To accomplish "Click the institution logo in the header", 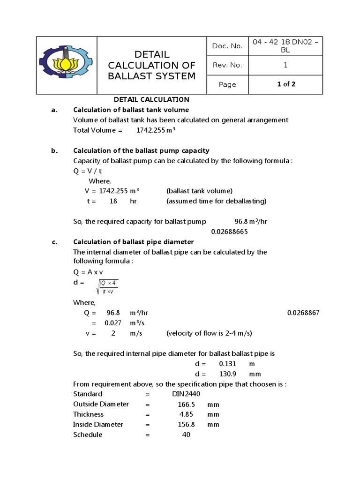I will [66, 65].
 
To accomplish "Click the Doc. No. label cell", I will [227, 46].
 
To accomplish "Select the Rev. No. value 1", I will [285, 65].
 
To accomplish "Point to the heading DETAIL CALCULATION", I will [152, 99].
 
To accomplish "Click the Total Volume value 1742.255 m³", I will [155, 130].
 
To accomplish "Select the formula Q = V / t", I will [88, 171].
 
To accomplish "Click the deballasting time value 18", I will [113, 201].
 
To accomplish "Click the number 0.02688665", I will [229, 232].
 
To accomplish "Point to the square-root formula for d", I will [107, 286].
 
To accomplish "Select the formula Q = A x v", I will [90, 272].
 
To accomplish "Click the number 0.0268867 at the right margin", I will [303, 313].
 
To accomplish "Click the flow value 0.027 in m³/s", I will [112, 323].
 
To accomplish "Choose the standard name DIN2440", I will [185, 394].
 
